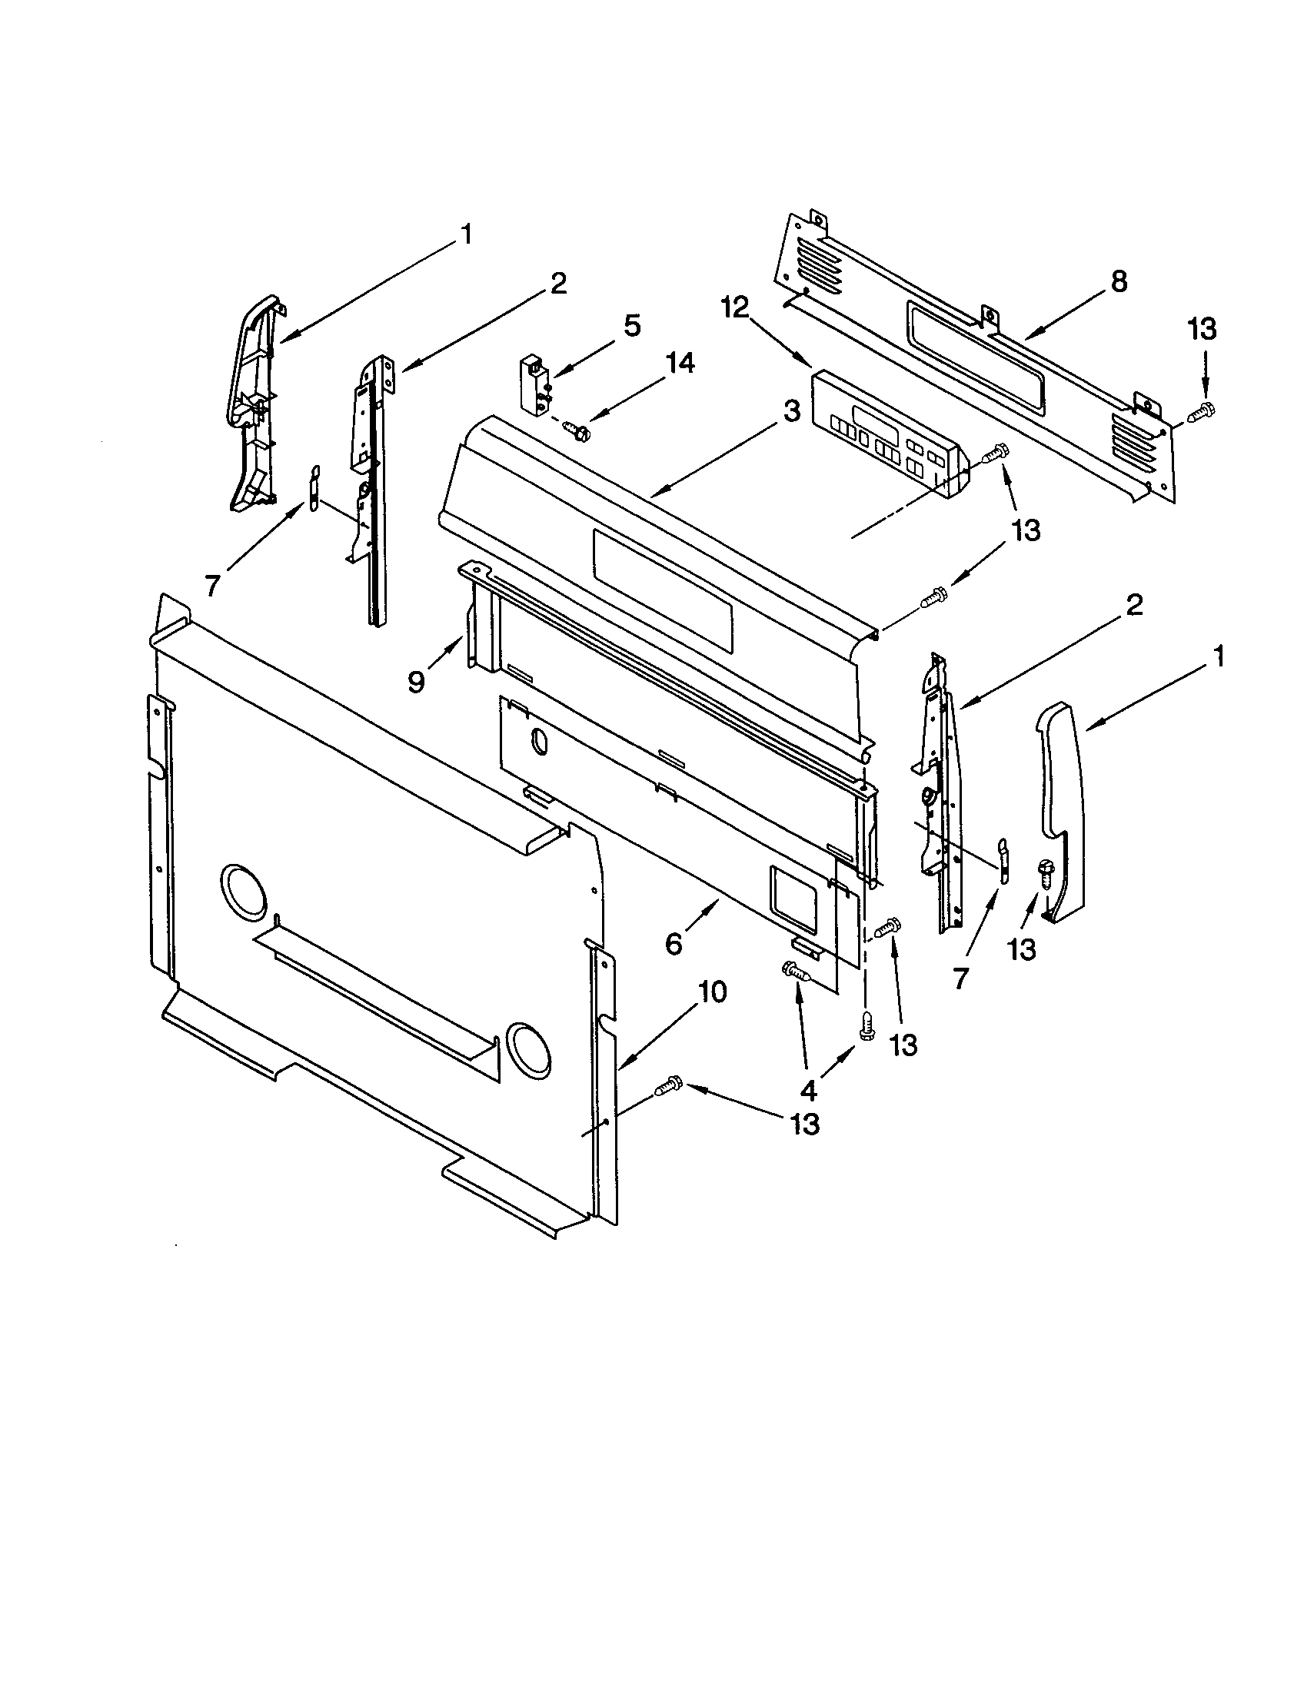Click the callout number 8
(1119, 282)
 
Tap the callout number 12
(735, 308)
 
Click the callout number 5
(632, 326)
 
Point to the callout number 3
(789, 411)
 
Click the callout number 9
(416, 681)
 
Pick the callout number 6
(674, 943)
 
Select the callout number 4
(807, 1090)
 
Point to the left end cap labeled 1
(251, 403)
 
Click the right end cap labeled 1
(1060, 806)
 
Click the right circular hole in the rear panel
(529, 1051)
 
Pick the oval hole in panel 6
(537, 739)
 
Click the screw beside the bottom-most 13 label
(667, 1088)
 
